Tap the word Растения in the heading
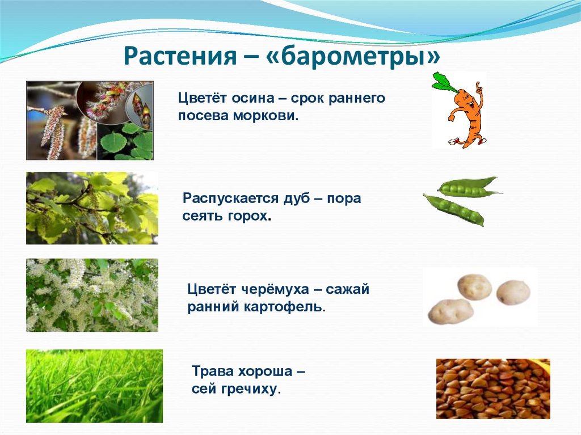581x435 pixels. [180, 56]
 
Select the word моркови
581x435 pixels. [266, 116]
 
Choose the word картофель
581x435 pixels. [284, 307]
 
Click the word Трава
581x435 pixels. [212, 371]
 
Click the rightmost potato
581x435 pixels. [514, 292]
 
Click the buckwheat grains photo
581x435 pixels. [493, 388]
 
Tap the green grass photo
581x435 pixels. [95, 386]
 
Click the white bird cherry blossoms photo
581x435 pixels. [92, 295]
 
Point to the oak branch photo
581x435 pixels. [92, 208]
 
